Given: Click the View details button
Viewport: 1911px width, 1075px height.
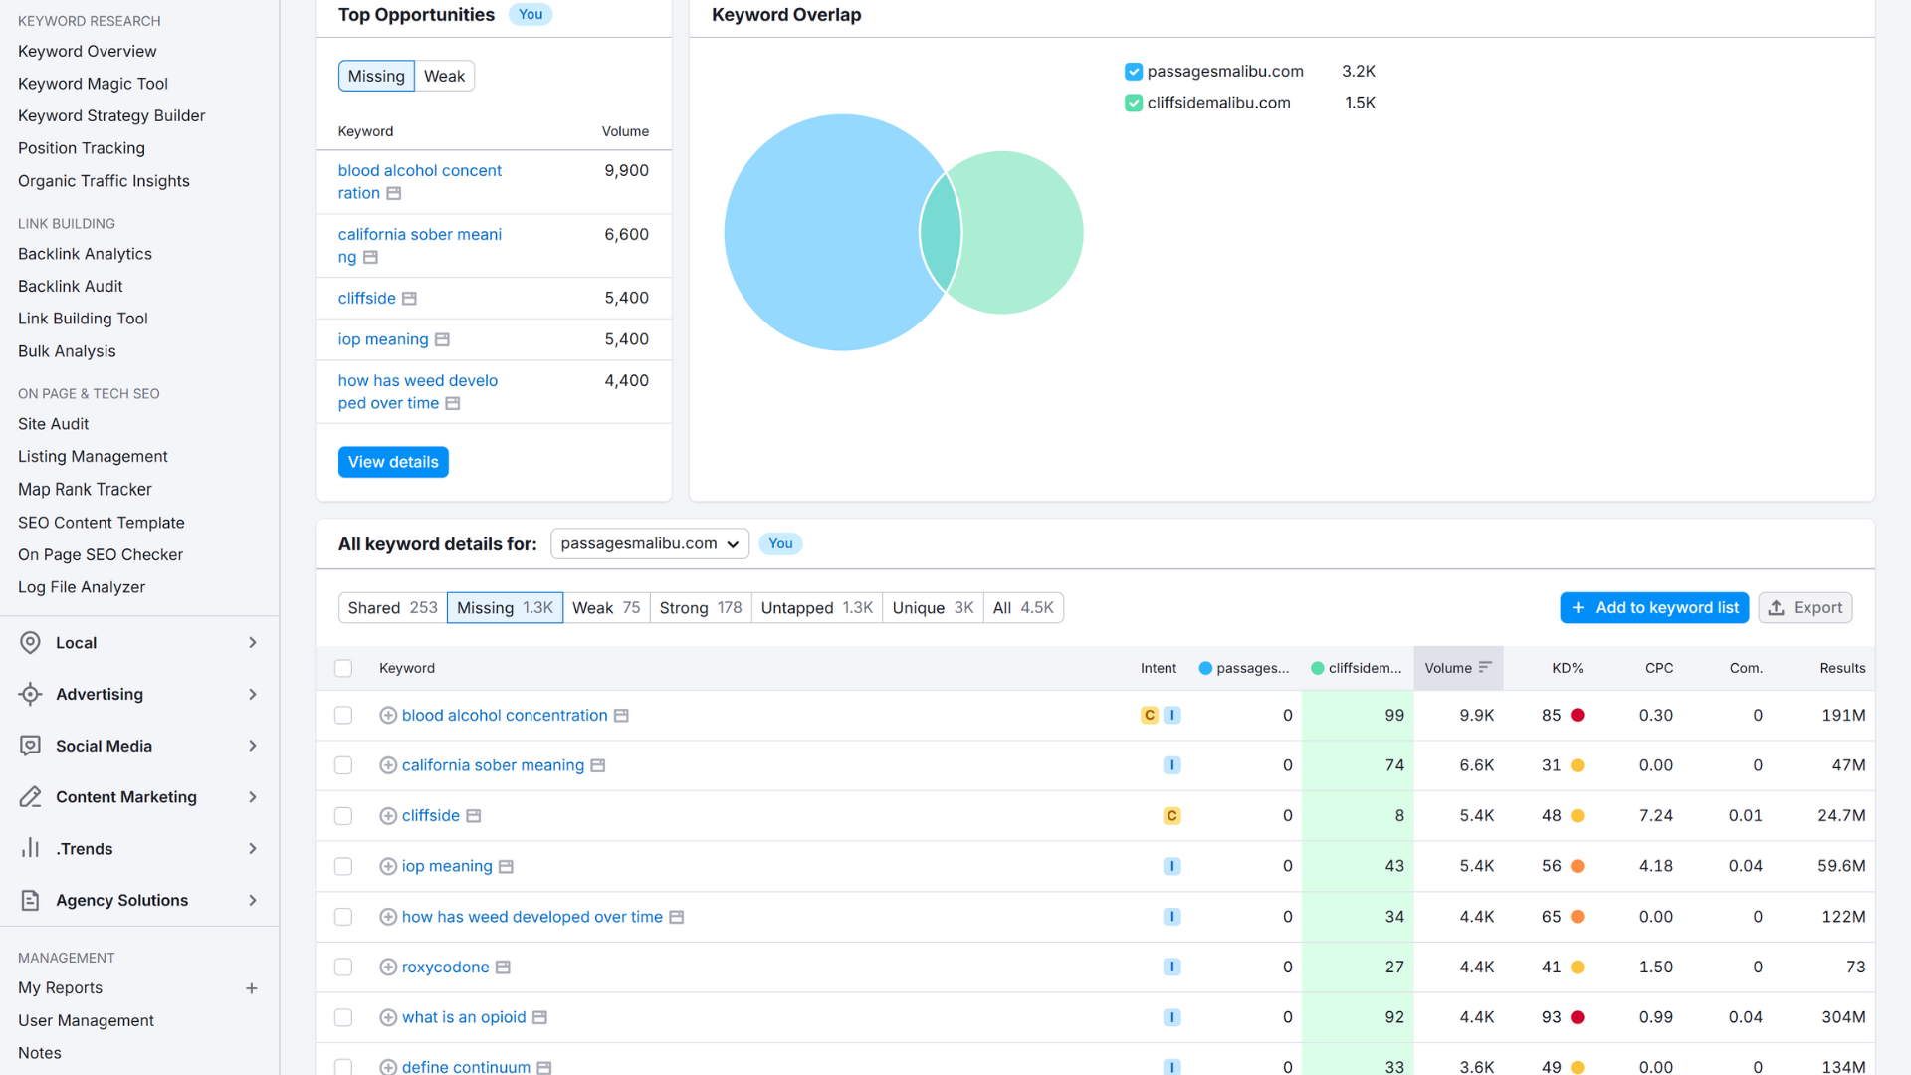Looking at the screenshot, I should point(393,462).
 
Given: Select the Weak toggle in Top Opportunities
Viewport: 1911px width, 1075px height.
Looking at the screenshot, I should point(444,77).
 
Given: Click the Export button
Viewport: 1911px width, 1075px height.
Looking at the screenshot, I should point(1805,608).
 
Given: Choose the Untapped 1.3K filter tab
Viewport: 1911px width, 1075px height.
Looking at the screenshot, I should point(816,608).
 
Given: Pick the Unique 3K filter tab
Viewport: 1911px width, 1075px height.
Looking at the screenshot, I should point(932,608).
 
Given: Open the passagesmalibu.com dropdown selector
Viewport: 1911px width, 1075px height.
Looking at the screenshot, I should point(649,544).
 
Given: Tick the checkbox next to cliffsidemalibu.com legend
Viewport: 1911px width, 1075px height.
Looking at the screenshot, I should point(1134,103).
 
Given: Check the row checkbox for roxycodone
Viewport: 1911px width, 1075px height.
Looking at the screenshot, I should point(343,967).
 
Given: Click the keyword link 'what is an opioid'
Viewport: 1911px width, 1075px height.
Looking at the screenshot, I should point(464,1017).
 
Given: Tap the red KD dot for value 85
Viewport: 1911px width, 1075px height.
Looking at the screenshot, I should point(1578,716).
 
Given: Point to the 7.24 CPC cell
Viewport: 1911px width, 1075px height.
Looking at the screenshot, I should point(1655,816).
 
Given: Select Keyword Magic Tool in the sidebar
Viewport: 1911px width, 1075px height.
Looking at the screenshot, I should point(93,84).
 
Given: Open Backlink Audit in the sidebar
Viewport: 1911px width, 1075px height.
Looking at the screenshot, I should point(70,287).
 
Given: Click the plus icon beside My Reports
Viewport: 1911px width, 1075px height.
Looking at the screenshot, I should point(252,988).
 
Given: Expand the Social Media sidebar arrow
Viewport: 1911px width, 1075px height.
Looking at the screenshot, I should point(253,747).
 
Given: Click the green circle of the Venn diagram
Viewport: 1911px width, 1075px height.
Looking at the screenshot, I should point(1025,233).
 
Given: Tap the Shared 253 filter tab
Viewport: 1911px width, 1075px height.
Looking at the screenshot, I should point(392,608).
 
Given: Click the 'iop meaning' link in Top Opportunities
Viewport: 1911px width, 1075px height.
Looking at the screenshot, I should point(383,339).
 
